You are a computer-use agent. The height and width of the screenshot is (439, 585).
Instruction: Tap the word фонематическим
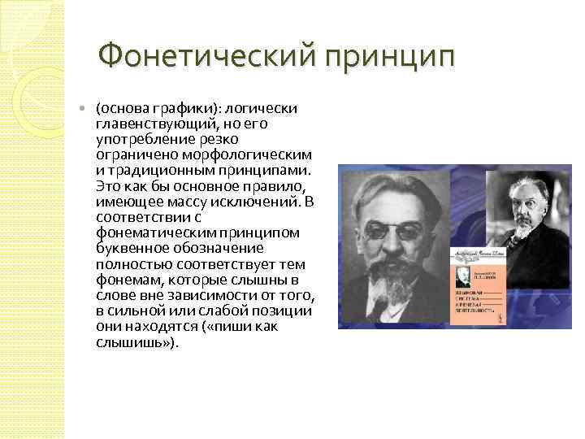pos(151,233)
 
